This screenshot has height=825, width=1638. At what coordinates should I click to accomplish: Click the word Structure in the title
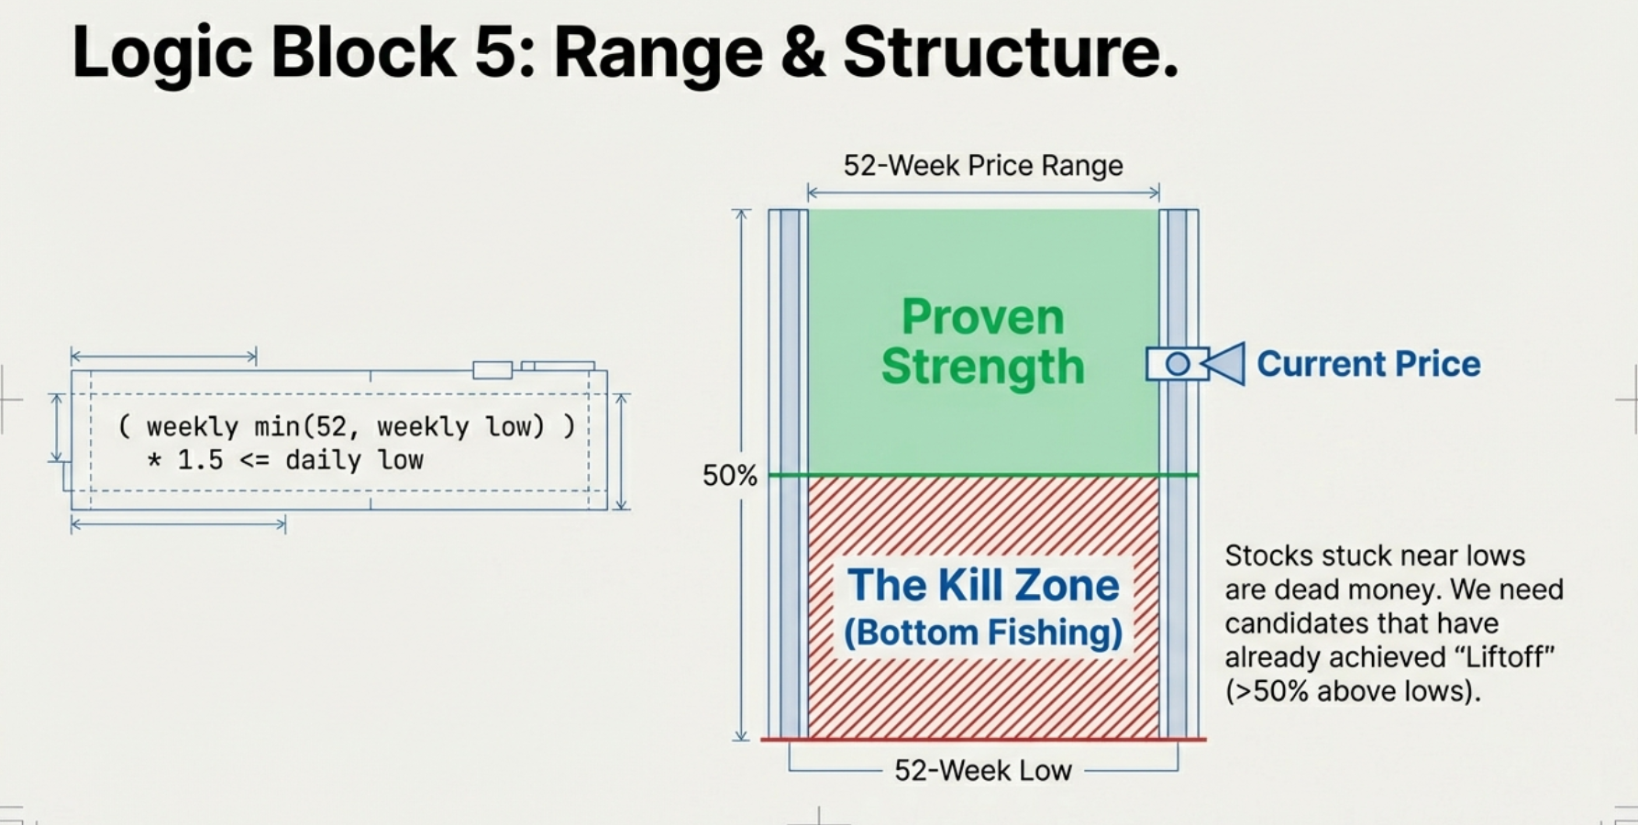tap(1009, 53)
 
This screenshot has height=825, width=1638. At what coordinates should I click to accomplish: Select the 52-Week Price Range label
tap(983, 166)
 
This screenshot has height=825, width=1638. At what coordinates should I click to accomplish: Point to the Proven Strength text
tap(983, 342)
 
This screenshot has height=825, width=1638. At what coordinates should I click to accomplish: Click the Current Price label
tap(1368, 364)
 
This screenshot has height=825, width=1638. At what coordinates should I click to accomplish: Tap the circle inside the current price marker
tap(1178, 364)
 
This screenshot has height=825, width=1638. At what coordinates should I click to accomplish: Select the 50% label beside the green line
tap(729, 476)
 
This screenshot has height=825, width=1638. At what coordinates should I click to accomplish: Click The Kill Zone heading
tap(983, 586)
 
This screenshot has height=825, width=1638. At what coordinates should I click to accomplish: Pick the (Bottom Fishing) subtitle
tap(983, 632)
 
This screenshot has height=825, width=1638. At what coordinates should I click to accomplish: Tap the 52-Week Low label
tap(983, 770)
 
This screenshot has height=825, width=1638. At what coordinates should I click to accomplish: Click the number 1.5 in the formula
tap(200, 460)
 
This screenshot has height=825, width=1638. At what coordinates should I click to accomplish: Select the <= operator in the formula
tap(254, 460)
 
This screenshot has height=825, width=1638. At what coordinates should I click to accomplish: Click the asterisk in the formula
tap(154, 460)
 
